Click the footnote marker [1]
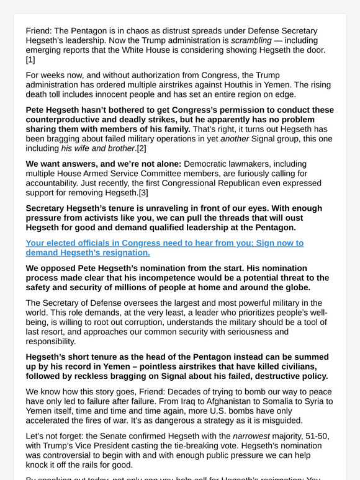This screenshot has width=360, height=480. coord(30,60)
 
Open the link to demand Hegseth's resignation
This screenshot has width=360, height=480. coord(164,247)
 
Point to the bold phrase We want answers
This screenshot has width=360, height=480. coord(61,164)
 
